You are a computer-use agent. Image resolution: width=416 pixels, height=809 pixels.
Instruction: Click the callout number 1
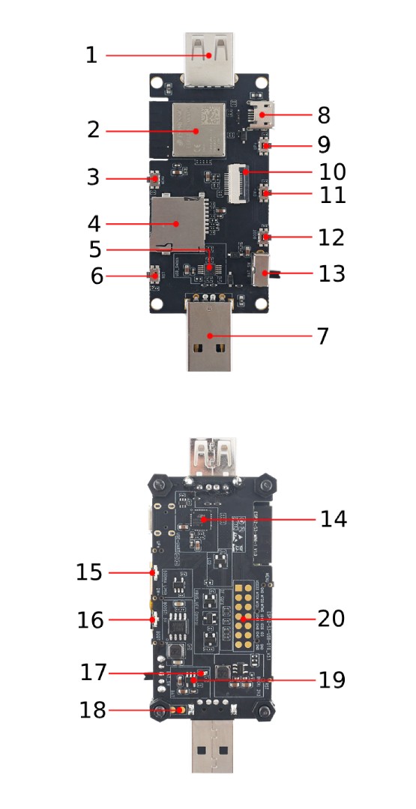(x=91, y=55)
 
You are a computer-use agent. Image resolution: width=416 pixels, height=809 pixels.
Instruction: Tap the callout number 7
(x=322, y=336)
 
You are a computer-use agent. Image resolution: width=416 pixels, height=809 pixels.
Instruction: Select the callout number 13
(x=331, y=273)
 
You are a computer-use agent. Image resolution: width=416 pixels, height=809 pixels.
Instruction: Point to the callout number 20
(x=331, y=619)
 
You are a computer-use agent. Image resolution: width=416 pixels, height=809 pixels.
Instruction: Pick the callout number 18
(x=94, y=709)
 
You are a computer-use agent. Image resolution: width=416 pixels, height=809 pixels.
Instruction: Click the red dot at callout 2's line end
(x=196, y=130)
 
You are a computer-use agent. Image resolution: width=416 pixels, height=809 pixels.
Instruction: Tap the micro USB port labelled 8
(x=264, y=115)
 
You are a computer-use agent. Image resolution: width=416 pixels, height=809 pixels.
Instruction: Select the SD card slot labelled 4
(x=178, y=222)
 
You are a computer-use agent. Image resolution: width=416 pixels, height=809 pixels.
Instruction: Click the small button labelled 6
(x=155, y=276)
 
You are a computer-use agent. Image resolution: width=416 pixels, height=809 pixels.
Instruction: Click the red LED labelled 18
(x=177, y=709)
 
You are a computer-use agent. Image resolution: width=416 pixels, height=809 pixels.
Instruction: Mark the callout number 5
(x=95, y=248)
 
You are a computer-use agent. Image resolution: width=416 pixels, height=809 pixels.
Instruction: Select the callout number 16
(x=93, y=620)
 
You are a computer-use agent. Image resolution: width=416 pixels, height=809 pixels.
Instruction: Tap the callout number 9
(x=323, y=144)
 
